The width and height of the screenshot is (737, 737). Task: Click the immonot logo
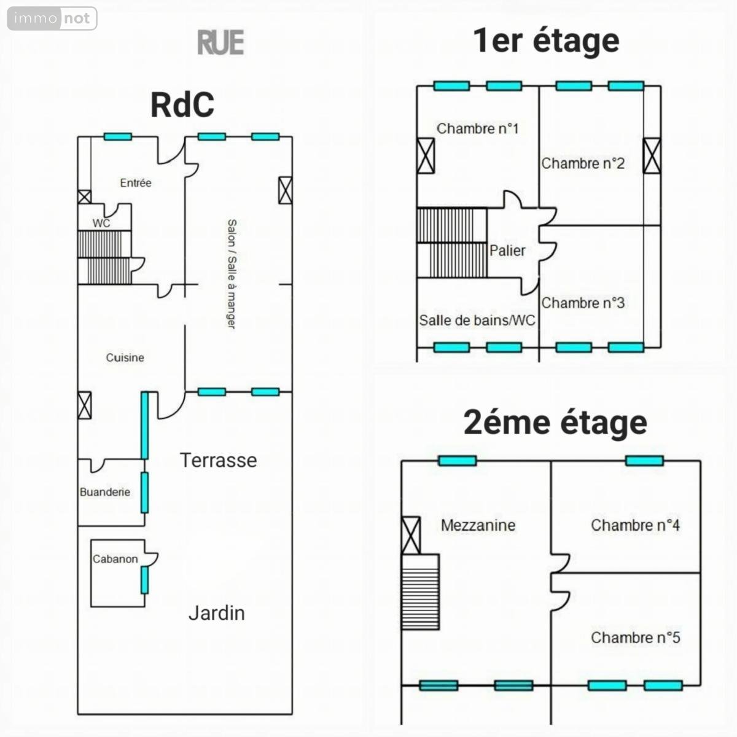(52, 18)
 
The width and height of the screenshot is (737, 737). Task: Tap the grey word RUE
(220, 42)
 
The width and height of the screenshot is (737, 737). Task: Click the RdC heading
(182, 104)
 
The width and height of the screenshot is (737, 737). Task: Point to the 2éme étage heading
(555, 423)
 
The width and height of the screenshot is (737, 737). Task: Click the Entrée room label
(136, 182)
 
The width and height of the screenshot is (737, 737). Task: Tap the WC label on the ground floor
(101, 223)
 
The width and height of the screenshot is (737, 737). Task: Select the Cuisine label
(125, 357)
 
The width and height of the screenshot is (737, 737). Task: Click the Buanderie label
(105, 492)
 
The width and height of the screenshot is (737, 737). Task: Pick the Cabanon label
(115, 559)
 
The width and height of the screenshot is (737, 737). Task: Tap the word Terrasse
(218, 460)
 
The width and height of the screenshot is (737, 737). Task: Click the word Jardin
(216, 613)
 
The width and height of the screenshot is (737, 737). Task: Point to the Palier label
(507, 251)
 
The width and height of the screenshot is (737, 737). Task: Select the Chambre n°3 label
(583, 303)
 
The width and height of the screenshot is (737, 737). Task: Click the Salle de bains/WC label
(477, 320)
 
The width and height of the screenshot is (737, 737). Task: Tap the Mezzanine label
(478, 525)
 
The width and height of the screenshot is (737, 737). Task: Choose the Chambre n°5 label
(635, 638)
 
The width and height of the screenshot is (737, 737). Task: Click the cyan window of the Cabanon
(144, 580)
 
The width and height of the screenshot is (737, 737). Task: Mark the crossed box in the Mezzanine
(411, 535)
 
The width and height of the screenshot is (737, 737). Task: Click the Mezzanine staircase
(421, 592)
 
